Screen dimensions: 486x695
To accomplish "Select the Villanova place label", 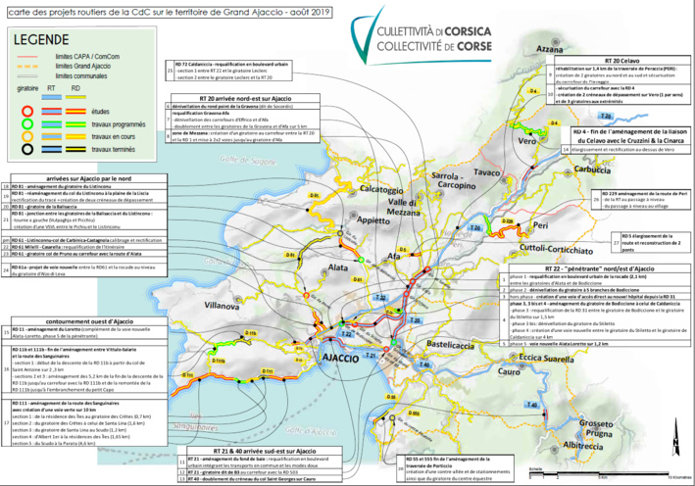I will pos(234,306).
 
